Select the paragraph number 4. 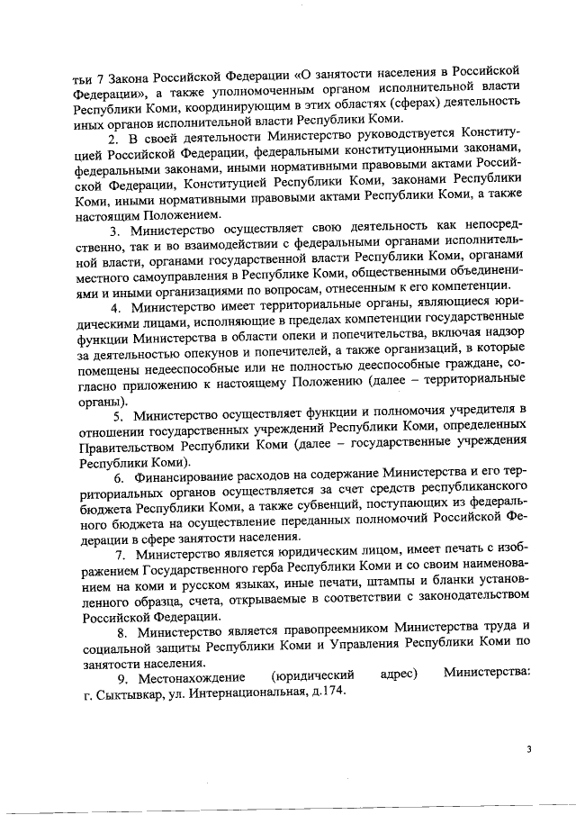coord(112,305)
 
